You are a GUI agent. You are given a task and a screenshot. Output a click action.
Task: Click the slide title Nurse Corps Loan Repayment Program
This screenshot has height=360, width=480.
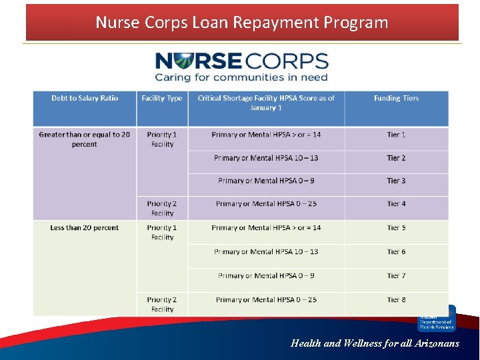coord(241,23)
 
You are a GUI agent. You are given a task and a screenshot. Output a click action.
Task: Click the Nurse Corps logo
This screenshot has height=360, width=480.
coord(241,62)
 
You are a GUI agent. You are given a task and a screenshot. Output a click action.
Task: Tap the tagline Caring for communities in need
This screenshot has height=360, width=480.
coord(241,77)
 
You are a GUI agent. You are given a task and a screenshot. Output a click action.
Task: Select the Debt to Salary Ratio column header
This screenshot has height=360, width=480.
coord(85,99)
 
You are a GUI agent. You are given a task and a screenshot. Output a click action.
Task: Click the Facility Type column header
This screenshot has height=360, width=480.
coord(162,99)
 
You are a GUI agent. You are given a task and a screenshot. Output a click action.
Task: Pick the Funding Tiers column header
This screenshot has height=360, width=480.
coord(396,99)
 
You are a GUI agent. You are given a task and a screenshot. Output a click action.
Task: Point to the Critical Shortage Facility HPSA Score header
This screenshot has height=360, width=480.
coord(266,103)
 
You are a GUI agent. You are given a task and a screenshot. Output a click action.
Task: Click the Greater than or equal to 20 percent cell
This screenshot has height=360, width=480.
coord(85,139)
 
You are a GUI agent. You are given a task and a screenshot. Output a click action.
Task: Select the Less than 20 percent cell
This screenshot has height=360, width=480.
coord(85,228)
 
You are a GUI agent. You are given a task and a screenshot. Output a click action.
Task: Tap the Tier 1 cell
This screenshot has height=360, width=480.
coord(396,135)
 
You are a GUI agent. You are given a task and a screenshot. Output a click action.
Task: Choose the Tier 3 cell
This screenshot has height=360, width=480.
coord(396,181)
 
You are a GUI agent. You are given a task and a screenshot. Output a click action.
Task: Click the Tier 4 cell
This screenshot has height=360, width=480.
coord(396,204)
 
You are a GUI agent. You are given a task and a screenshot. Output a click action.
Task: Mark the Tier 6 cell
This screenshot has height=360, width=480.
coord(396,252)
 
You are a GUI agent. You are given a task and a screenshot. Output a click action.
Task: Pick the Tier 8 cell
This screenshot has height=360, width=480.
coord(396,300)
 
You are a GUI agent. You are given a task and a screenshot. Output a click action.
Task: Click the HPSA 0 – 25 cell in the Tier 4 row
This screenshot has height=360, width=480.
coord(266,204)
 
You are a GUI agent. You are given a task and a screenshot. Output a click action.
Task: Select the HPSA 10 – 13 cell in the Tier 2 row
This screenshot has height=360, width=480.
coord(266,158)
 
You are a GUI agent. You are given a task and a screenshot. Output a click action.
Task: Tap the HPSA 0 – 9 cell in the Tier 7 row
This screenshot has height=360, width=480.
coord(266,276)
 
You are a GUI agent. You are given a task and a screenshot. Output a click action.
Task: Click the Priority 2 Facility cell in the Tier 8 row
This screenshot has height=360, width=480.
coord(162,304)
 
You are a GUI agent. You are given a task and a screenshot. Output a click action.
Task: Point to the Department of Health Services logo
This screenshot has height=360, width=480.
coord(436,319)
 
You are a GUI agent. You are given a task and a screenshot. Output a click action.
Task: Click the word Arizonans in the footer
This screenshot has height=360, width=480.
coord(436,344)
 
